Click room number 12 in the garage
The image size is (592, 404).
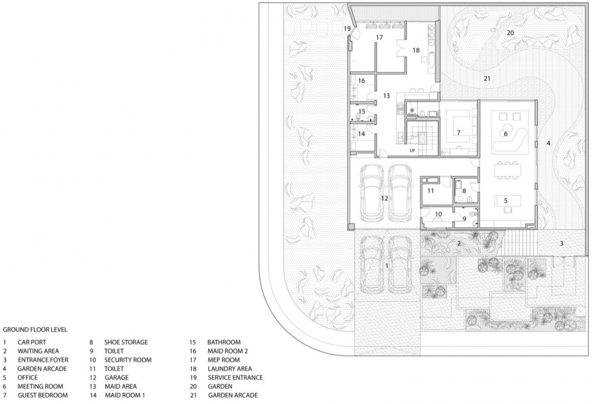384,198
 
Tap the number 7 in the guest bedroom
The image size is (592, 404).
459,132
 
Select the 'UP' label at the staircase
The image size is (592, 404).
413,150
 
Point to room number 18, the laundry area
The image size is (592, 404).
416,50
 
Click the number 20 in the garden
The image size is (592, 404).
510,33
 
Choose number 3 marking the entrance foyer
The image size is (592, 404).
561,243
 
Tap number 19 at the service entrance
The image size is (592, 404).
347,28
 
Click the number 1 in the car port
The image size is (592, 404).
387,266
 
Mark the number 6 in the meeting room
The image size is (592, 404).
506,134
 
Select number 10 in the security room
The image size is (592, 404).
438,214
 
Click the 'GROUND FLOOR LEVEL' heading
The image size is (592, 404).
35,329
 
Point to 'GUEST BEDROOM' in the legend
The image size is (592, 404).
43,395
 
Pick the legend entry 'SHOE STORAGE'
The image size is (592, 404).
126,342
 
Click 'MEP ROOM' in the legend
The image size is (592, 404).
223,360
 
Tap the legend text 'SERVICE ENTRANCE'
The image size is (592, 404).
235,378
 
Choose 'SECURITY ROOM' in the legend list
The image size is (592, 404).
128,360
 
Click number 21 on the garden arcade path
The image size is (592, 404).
487,78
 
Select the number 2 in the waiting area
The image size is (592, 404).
459,243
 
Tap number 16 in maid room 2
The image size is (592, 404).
361,81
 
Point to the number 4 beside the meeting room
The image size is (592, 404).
548,143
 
